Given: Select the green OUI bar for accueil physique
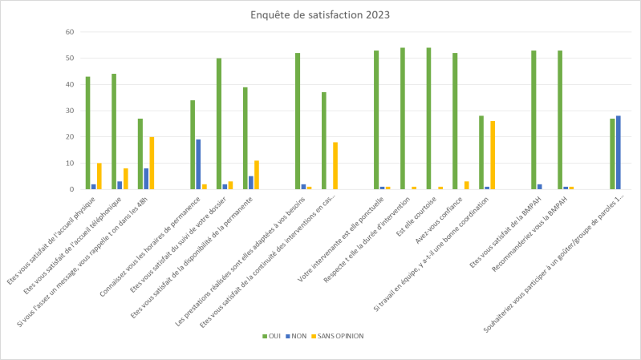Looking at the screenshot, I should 87,133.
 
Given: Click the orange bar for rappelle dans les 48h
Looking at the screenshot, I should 152,164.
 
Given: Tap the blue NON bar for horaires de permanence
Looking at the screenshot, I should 198,164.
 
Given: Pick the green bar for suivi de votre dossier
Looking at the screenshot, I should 218,123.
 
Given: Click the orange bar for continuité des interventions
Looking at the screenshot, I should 335,166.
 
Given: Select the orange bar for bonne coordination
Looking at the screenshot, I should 492,156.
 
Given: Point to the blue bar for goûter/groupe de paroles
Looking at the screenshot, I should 619,152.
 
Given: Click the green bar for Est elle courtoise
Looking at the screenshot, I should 428,119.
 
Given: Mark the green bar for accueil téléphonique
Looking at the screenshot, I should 114,131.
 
